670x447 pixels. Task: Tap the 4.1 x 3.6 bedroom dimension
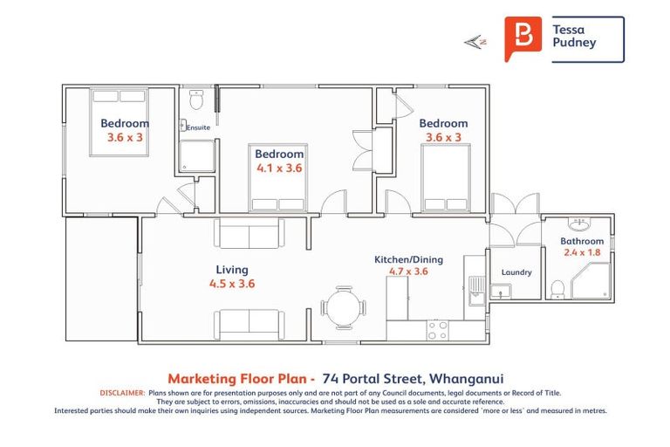tap(279, 168)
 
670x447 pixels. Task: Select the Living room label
tap(232, 270)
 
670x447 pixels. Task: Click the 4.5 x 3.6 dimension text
tap(232, 284)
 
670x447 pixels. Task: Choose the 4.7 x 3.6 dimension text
tap(408, 272)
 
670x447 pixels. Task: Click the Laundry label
tap(516, 272)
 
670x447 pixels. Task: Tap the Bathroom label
tap(582, 241)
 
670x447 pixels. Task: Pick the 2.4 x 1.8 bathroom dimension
tap(582, 253)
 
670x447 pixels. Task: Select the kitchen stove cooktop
tap(437, 330)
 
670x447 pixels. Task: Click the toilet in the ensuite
tap(196, 97)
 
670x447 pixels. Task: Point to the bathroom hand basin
tap(577, 223)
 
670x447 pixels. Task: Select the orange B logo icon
tap(523, 39)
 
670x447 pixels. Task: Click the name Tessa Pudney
tap(574, 36)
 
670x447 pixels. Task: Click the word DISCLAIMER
tap(122, 394)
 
